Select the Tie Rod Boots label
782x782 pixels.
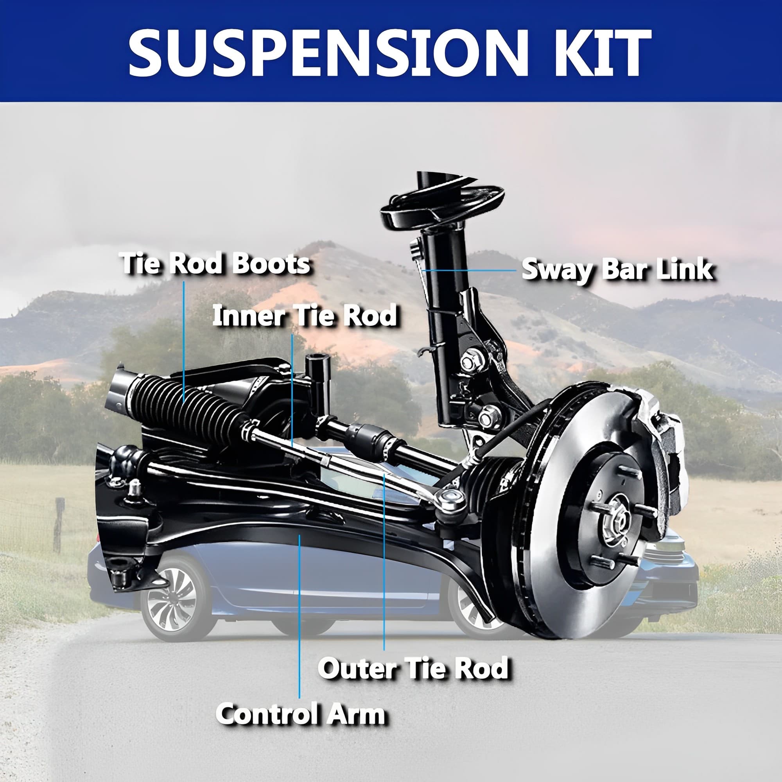[x=216, y=264]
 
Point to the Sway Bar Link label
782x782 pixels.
[x=617, y=269]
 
